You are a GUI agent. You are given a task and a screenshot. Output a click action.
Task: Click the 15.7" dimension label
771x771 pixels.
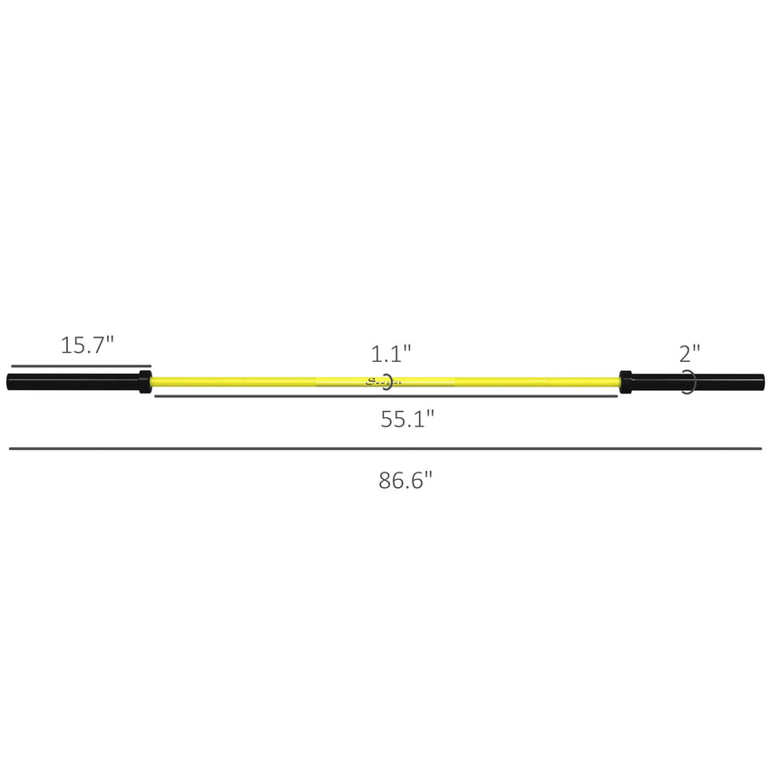87,345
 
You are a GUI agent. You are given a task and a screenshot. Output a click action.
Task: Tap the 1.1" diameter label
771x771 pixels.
391,352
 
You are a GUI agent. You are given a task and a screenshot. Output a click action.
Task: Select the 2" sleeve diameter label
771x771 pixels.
689,352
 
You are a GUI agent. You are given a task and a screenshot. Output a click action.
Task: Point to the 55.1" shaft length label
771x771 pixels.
406,419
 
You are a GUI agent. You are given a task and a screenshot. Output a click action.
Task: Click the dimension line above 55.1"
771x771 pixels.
385,396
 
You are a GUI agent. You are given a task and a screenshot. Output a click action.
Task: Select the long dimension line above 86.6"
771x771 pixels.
385,448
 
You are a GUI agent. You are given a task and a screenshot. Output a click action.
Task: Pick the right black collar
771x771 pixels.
625,381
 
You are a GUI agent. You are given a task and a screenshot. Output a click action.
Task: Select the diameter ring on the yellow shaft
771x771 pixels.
388,382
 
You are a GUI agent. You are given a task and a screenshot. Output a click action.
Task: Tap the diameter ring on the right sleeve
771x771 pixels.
690,382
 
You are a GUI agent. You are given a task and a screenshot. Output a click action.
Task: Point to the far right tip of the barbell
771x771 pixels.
763,381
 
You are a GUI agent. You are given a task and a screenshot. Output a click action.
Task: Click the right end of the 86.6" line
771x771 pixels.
761,448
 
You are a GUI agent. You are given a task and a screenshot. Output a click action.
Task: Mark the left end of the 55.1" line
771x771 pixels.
155,396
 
